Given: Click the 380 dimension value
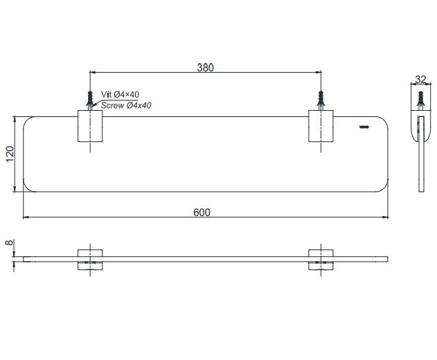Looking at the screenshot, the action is pos(206,67).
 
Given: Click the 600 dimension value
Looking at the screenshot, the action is pos(202,213).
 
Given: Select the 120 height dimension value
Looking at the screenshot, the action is pos(10,154).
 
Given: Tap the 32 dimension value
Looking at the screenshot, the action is pos(421,80).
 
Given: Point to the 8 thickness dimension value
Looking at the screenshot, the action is pos(10,242).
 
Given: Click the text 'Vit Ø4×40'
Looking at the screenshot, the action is pos(120,94).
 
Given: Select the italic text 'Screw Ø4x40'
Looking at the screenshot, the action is pos(126,105).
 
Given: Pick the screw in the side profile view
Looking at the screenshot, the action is pos(421,99).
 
